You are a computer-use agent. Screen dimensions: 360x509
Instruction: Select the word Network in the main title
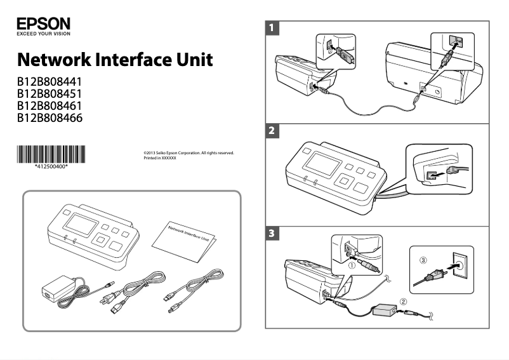tap(53, 61)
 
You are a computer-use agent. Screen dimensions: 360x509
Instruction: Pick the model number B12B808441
tap(50, 83)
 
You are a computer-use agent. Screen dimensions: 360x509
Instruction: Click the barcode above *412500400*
tap(51, 154)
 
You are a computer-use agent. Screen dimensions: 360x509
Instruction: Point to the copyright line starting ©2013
tap(188, 152)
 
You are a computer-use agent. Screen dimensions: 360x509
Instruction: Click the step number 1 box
tap(272, 28)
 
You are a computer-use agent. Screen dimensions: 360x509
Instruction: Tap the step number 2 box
tap(272, 131)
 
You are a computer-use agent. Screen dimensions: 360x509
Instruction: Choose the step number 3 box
tap(272, 234)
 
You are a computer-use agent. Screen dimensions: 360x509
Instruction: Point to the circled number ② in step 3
tap(402, 301)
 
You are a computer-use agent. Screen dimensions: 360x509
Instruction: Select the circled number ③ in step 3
tap(423, 260)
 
